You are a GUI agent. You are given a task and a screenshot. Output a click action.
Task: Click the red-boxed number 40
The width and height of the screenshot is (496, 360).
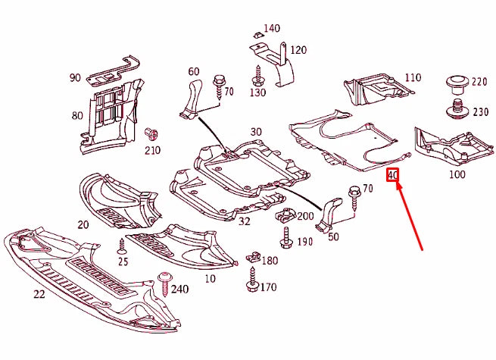pos(392,176)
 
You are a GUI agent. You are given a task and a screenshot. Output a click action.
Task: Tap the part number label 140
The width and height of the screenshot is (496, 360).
pos(271,29)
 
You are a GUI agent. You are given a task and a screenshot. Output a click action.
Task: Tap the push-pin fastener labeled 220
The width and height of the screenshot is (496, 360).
pos(457,82)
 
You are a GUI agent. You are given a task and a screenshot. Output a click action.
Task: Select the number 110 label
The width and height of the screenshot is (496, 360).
pos(413,78)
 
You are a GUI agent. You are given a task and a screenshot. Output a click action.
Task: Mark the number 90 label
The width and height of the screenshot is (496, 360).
pos(75,77)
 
